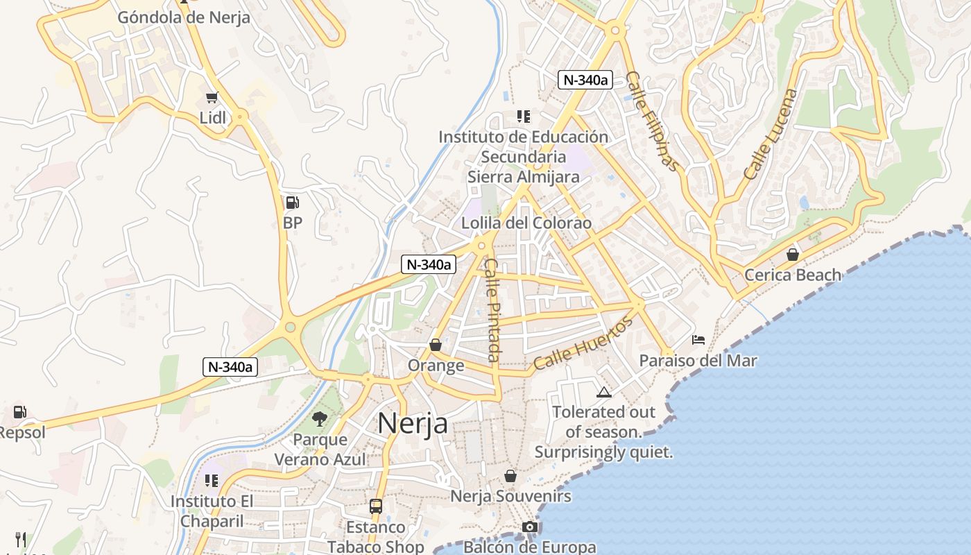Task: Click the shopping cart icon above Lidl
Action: pos(212,97)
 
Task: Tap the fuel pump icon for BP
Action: pos(293,203)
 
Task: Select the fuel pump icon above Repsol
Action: pos(20,412)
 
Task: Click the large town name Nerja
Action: pos(413,423)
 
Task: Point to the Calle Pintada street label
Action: pos(493,309)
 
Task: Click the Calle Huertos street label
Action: pos(583,343)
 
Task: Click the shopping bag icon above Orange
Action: pos(436,345)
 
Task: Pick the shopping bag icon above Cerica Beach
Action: pos(792,255)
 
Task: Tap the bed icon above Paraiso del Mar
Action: pos(698,340)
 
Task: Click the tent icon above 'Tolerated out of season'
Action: pos(604,392)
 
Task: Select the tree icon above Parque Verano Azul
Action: pos(320,418)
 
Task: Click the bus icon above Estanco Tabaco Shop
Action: pos(375,506)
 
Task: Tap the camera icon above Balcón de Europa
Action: pos(530,527)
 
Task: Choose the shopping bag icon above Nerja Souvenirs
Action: pos(510,476)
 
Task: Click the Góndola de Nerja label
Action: pos(183,17)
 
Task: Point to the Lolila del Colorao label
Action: pos(526,223)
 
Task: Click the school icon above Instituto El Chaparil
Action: pos(212,480)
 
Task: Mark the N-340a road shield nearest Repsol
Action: pos(230,367)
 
